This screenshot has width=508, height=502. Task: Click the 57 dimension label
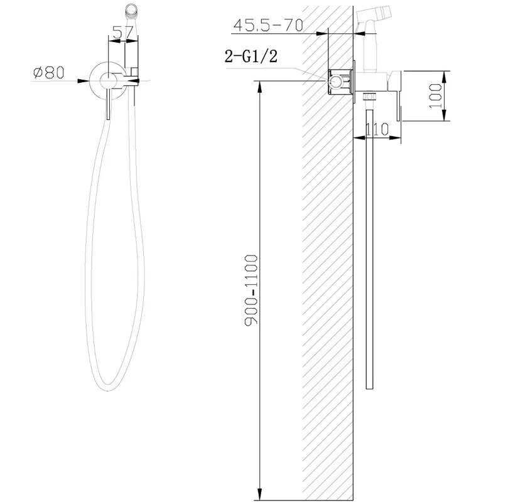click(123, 33)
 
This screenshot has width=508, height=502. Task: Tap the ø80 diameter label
click(49, 73)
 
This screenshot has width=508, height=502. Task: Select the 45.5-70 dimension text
click(268, 25)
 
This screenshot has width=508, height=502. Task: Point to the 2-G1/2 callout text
click(251, 56)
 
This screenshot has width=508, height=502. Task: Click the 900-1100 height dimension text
click(251, 290)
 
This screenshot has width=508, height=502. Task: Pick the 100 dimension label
click(435, 96)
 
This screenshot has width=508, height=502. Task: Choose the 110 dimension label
click(377, 129)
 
